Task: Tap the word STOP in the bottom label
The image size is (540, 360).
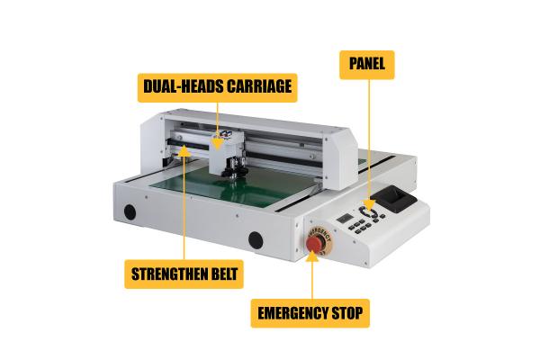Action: coord(346,315)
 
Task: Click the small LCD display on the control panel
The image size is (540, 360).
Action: coord(346,220)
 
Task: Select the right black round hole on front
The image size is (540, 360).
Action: coord(256,240)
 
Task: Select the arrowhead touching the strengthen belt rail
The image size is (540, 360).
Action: coord(184,154)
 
